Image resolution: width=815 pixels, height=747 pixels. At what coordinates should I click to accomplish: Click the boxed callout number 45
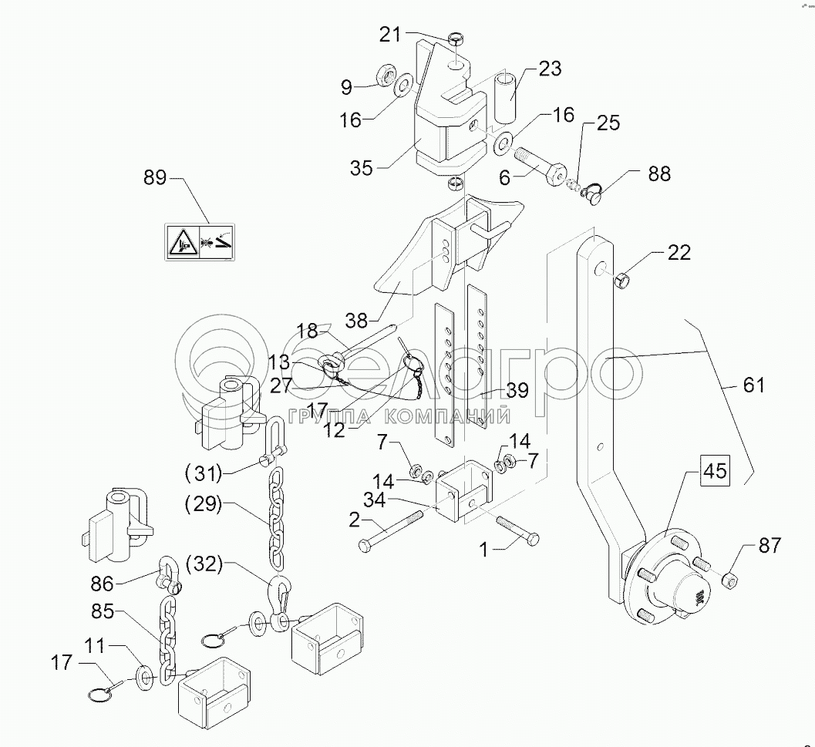[715, 471]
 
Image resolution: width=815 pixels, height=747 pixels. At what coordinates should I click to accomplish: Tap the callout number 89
[155, 178]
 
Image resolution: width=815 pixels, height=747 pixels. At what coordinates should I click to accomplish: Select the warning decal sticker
[200, 241]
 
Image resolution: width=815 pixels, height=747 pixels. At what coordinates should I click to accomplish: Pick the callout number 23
[549, 69]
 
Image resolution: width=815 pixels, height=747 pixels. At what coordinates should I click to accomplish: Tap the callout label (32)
[203, 564]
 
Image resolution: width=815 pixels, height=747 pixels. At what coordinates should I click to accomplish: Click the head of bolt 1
[530, 539]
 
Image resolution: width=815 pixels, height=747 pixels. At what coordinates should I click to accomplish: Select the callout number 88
[659, 175]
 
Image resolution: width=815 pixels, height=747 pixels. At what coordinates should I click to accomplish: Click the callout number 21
[389, 34]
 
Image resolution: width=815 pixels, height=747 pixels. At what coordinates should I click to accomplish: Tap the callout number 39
[517, 391]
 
